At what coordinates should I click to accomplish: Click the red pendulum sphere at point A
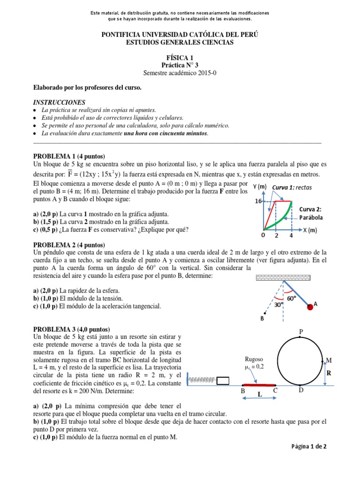point(310,307)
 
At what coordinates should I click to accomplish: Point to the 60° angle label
point(292,297)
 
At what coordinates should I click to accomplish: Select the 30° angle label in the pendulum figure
point(279,303)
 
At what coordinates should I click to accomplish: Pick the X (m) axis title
point(310,230)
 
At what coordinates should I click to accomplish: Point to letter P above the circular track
point(301,332)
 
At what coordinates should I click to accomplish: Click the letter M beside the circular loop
point(329,360)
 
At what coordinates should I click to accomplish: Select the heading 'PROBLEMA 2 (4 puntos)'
point(69,245)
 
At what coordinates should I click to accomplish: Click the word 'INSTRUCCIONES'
point(59,102)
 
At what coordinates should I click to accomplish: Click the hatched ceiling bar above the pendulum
point(283,277)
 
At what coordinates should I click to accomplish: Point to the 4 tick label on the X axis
point(291,236)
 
